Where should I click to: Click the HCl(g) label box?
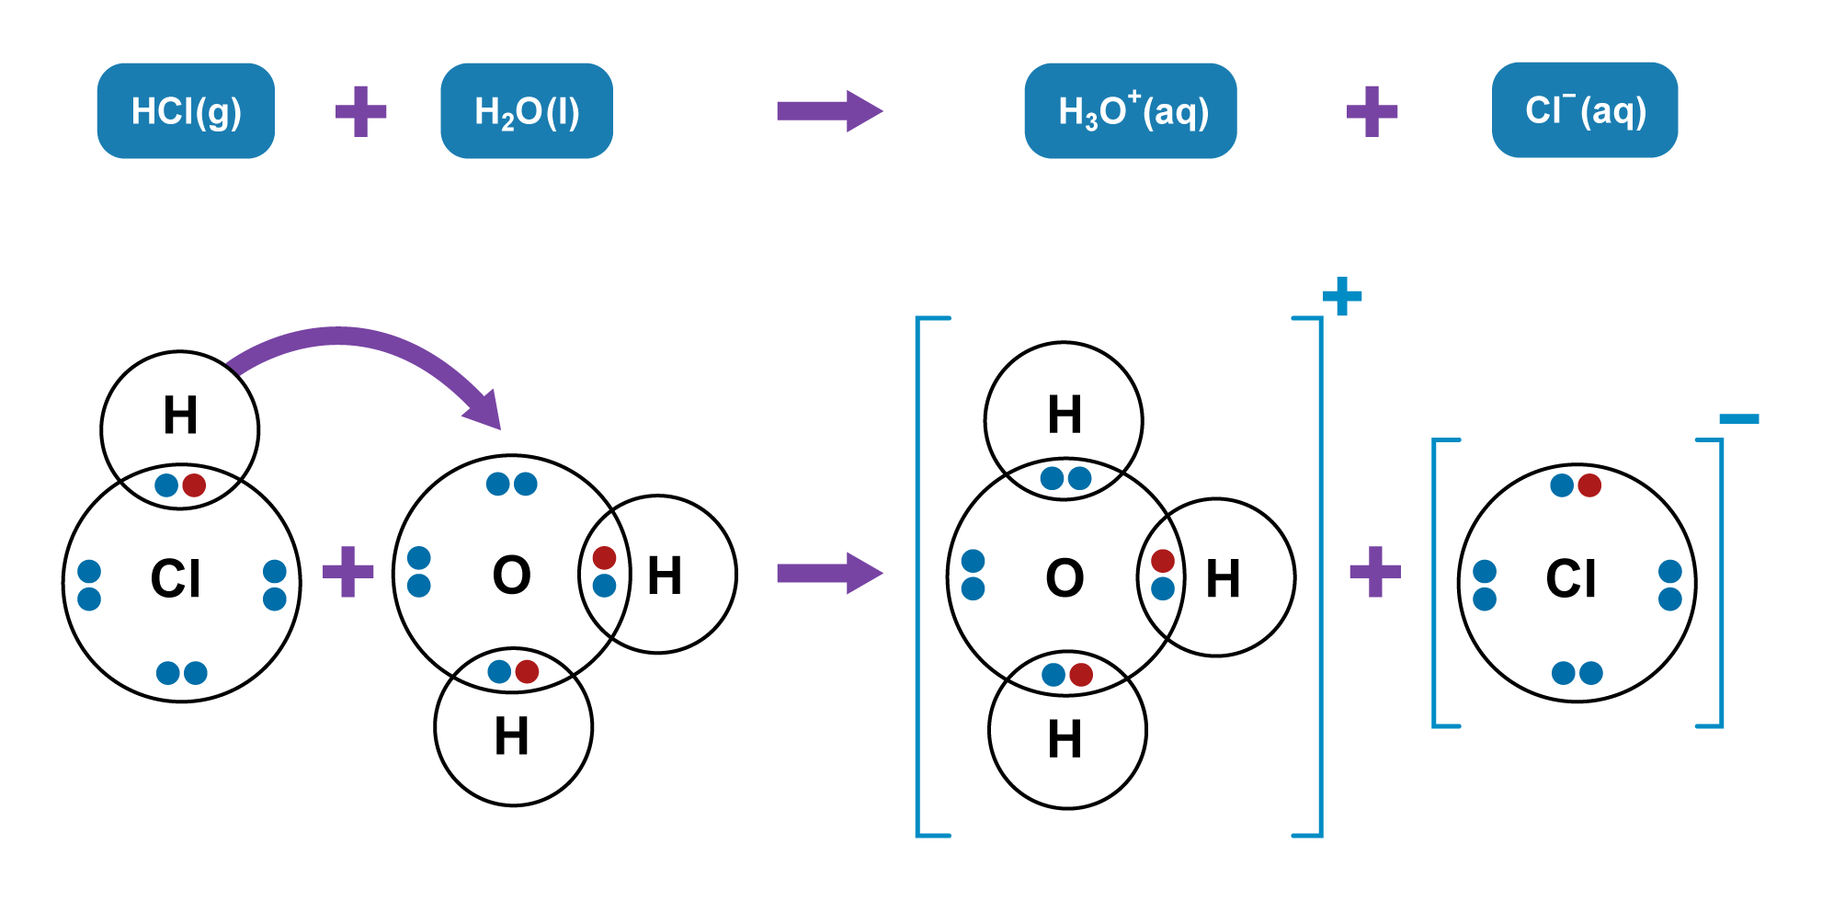point(186,111)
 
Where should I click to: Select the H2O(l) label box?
point(527,111)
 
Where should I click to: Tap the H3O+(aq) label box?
point(1130,111)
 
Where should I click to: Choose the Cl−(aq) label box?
point(1584,110)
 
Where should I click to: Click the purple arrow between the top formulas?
point(828,111)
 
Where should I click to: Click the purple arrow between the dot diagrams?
point(828,574)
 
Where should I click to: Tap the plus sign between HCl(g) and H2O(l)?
point(360,111)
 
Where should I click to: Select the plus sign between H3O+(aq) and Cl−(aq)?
point(1372,111)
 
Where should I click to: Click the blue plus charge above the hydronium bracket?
point(1341,296)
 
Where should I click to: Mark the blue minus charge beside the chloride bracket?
point(1738,419)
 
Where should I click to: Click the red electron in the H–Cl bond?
point(194,485)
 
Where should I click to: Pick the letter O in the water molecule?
point(512,576)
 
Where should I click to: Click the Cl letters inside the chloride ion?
point(1571,579)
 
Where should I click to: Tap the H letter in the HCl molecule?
point(180,416)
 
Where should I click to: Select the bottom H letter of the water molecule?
point(512,736)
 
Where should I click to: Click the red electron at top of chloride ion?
point(1589,485)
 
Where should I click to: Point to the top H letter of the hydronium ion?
point(1065,415)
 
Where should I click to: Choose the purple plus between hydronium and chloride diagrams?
point(1375,572)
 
